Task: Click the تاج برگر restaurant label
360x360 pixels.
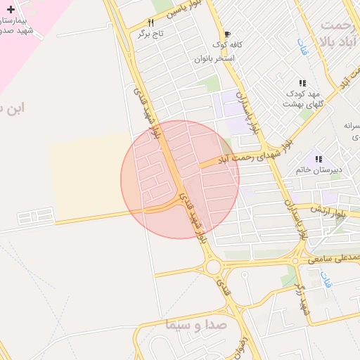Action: tap(150, 33)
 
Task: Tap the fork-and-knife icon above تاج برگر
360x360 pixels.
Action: tap(150, 22)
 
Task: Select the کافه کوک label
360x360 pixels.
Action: tap(226, 44)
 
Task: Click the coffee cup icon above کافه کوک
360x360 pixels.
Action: tap(227, 34)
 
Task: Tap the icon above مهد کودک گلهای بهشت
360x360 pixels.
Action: tap(302, 83)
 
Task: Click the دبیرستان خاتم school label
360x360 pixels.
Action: tap(317, 169)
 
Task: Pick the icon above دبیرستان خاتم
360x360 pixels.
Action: tap(318, 159)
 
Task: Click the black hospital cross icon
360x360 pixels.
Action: tap(10, 9)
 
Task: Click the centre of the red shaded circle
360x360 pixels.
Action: tap(180, 179)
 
